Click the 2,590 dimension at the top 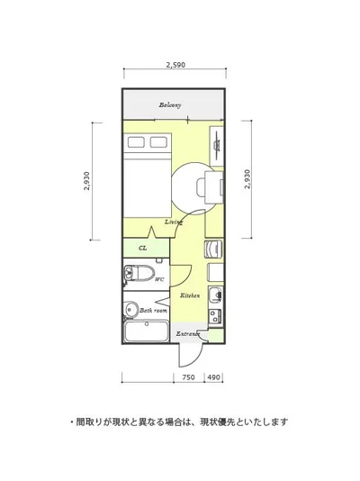(175, 65)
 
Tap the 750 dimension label (188, 377)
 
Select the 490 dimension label (213, 377)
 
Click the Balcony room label (170, 105)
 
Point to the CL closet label (143, 248)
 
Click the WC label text (159, 279)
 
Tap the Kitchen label (190, 295)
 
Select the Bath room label (153, 311)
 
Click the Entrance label (188, 334)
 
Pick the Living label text (174, 222)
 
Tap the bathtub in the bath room (147, 331)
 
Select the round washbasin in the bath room (131, 309)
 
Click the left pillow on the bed (136, 142)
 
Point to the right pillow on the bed (158, 142)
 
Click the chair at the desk (201, 187)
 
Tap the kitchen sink (216, 295)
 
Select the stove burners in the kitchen (216, 316)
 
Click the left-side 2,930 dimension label (86, 181)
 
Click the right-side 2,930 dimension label (247, 179)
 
